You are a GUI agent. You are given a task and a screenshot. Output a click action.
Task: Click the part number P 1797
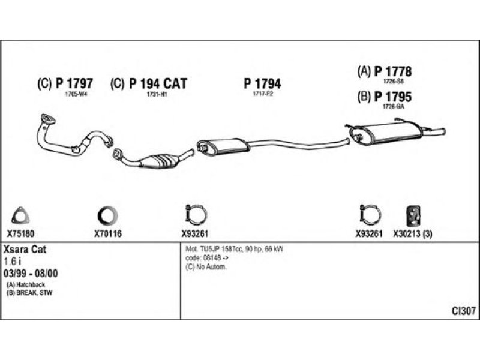pyautogui.click(x=74, y=83)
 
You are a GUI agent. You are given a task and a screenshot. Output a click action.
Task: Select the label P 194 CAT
pyautogui.click(x=158, y=83)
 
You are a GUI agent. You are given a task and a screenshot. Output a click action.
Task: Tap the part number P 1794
pyautogui.click(x=262, y=83)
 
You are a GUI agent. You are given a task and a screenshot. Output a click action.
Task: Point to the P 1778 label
pyautogui.click(x=393, y=71)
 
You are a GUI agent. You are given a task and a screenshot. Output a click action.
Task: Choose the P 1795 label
pyautogui.click(x=393, y=97)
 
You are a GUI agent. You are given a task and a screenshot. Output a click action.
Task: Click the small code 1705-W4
pyautogui.click(x=76, y=94)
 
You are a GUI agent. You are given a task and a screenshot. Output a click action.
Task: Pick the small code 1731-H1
pyautogui.click(x=157, y=94)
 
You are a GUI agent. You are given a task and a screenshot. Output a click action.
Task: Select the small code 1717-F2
pyautogui.click(x=262, y=94)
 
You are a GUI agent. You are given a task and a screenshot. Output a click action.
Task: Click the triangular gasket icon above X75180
pyautogui.click(x=20, y=215)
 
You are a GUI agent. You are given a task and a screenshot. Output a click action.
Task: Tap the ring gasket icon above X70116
pyautogui.click(x=108, y=215)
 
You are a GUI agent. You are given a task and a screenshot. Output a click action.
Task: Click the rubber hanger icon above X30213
pyautogui.click(x=413, y=216)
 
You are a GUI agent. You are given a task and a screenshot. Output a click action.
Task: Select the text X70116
pyautogui.click(x=108, y=234)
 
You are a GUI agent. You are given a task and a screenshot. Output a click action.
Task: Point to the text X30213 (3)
pyautogui.click(x=413, y=234)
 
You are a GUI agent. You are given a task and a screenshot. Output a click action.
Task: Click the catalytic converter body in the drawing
pyautogui.click(x=159, y=161)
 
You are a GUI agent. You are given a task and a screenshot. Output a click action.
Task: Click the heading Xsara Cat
pyautogui.click(x=25, y=250)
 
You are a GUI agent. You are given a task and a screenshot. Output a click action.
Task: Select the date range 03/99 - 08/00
pyautogui.click(x=31, y=274)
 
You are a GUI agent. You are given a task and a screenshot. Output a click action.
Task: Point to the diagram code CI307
pyautogui.click(x=464, y=311)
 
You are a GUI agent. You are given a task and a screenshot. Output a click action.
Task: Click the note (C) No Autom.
pyautogui.click(x=206, y=267)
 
